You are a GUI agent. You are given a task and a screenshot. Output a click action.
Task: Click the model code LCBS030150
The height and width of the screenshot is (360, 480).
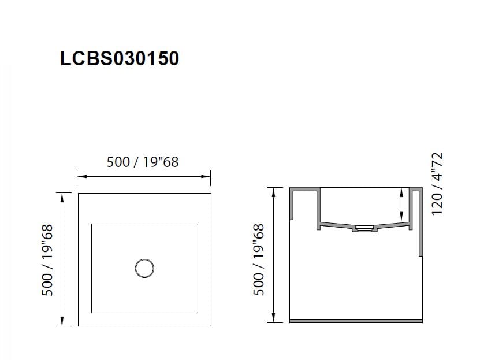coord(120,58)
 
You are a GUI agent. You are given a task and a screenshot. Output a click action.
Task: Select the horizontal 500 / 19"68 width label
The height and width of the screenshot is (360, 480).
coord(143,162)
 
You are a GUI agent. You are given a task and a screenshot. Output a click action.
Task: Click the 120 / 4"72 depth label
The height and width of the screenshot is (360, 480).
coord(437,184)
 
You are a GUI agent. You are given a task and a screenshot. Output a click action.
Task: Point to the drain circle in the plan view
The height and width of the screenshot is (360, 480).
coord(144,268)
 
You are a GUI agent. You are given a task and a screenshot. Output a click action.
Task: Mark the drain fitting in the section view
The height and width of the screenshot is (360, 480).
coord(364,229)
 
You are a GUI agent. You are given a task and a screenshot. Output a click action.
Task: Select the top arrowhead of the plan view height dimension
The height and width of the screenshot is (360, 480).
coord(62,196)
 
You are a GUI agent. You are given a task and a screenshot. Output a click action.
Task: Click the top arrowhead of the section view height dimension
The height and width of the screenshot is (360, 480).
coord(272,191)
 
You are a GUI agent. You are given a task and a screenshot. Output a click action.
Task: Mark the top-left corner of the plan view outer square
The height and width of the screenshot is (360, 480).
coord(79,194)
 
